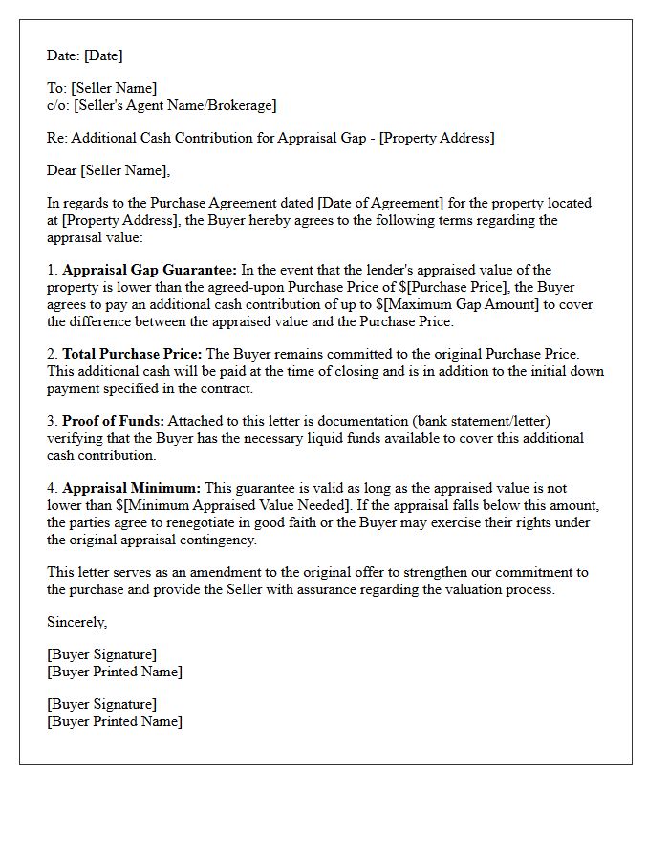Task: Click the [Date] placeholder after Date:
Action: (103, 56)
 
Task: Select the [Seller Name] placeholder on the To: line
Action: (114, 89)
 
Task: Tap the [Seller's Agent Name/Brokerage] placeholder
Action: (175, 106)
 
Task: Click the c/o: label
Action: (57, 106)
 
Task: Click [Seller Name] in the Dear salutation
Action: (125, 171)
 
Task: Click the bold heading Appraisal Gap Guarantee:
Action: (150, 271)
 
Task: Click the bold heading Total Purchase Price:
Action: (132, 355)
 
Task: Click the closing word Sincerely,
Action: (77, 623)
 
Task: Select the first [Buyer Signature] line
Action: (102, 655)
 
